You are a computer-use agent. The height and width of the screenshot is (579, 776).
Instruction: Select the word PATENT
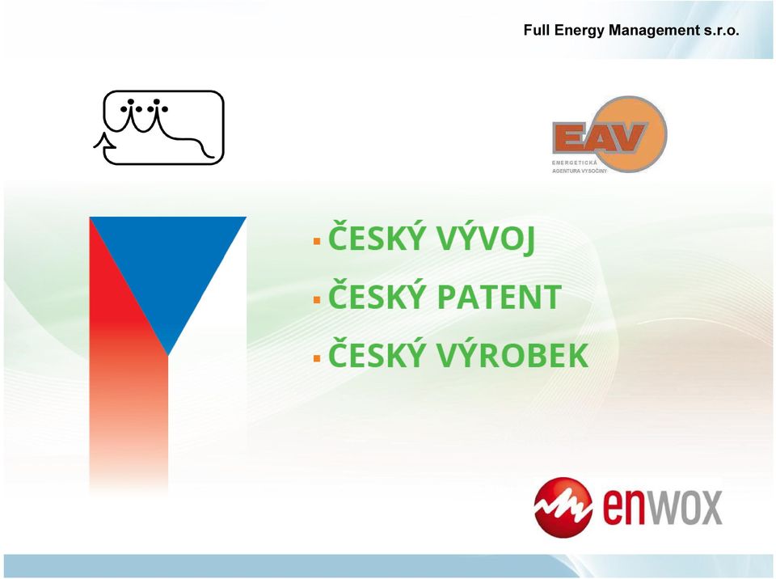[500, 297]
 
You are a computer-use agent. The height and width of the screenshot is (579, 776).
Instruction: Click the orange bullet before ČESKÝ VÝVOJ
[317, 242]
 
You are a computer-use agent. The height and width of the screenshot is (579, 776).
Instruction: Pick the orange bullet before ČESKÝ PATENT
[317, 300]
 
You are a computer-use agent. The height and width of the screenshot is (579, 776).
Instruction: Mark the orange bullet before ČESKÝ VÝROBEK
[317, 358]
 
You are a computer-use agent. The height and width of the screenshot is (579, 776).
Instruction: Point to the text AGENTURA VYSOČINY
[579, 171]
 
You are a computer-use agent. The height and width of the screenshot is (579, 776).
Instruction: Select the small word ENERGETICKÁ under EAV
[575, 163]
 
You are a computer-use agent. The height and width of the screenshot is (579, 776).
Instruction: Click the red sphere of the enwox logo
[563, 508]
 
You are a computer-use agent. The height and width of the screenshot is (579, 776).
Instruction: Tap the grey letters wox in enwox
[685, 508]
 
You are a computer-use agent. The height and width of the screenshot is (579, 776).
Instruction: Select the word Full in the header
[537, 30]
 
